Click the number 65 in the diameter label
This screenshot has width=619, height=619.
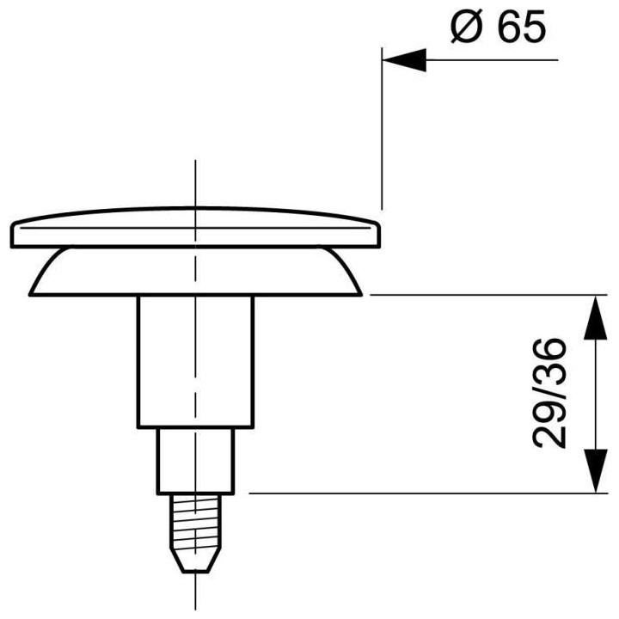point(522,26)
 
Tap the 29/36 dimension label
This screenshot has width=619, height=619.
point(549,394)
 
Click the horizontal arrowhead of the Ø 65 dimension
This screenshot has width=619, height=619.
point(404,60)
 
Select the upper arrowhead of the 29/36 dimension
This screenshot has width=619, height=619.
point(595,317)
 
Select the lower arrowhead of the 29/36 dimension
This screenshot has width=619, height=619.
point(595,471)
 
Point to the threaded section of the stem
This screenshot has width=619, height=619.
point(196,520)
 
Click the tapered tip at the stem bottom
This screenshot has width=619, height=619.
point(196,559)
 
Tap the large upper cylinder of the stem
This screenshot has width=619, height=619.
point(196,362)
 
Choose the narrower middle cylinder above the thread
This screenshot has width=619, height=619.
point(196,461)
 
